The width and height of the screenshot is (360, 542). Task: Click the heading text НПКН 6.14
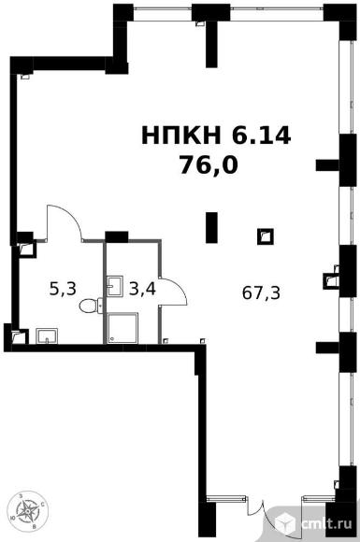[x=216, y=135]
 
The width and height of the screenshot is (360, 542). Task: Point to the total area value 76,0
[x=209, y=165]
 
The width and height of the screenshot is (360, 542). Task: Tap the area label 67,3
[x=261, y=293]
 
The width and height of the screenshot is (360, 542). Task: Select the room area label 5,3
[x=63, y=289]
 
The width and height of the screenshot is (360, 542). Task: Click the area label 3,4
[x=142, y=289]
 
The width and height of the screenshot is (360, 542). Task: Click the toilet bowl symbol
[x=91, y=306]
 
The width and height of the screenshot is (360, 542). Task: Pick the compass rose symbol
[x=27, y=511]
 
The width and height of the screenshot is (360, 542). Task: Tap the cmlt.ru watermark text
[x=326, y=523]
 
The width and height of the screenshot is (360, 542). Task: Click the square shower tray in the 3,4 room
[x=122, y=328]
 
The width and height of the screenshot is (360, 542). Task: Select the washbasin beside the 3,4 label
[x=115, y=286]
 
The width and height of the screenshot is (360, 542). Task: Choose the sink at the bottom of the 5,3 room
[x=47, y=336]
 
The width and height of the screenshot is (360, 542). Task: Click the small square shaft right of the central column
[x=266, y=236]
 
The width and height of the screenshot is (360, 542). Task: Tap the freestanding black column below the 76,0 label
[x=211, y=227]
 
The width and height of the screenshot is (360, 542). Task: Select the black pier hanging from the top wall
[x=211, y=43]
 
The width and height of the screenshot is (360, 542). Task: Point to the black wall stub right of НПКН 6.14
[x=327, y=165]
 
